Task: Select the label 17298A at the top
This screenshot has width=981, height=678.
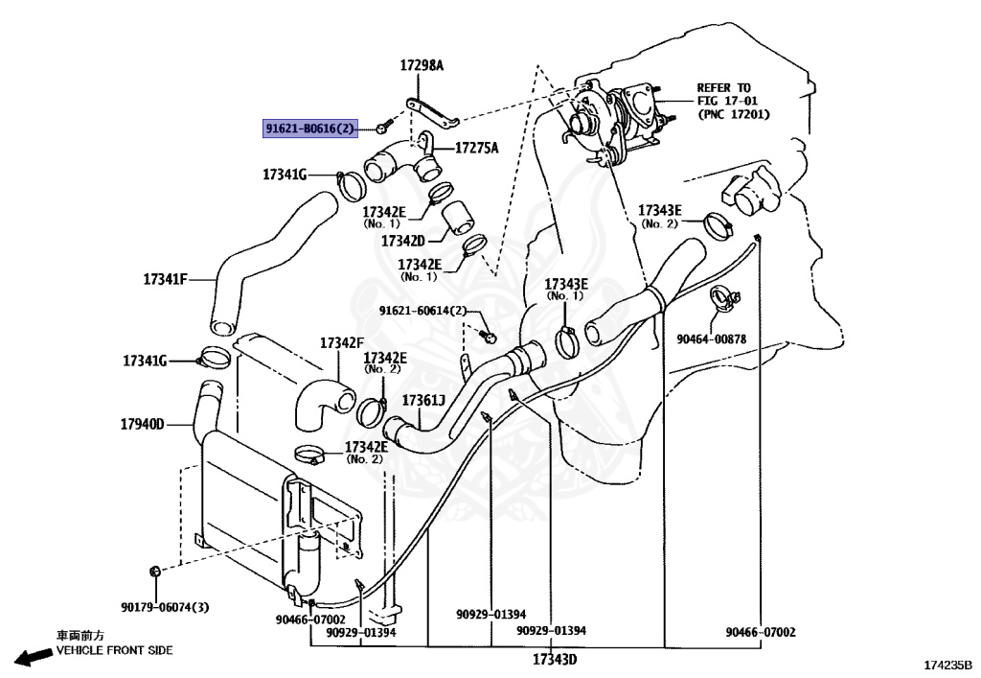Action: click(x=422, y=66)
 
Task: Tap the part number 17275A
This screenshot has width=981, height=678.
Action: click(x=476, y=149)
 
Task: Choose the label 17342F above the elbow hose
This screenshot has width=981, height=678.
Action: click(x=342, y=342)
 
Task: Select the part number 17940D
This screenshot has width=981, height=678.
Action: click(x=143, y=424)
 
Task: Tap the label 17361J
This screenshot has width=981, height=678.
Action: click(x=423, y=400)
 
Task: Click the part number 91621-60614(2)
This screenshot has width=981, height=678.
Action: click(x=422, y=311)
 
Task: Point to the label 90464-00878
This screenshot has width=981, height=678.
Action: click(x=711, y=339)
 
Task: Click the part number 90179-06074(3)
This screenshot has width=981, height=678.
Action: click(x=165, y=608)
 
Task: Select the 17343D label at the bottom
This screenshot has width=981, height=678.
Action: click(x=555, y=660)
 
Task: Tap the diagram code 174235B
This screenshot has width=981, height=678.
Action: click(x=947, y=664)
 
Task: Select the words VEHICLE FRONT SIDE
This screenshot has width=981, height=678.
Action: click(x=115, y=650)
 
